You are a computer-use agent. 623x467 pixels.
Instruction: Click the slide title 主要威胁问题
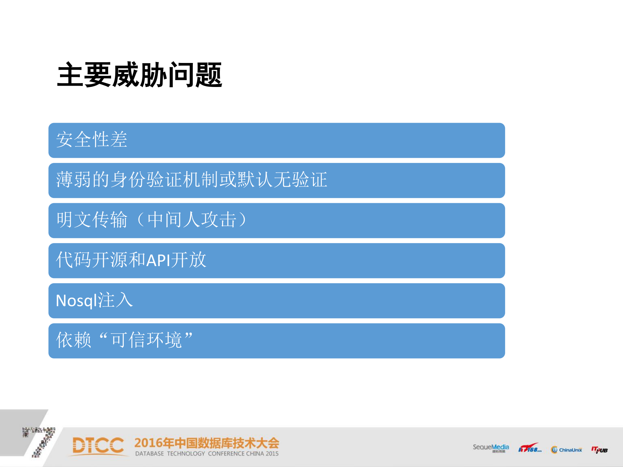click(x=140, y=75)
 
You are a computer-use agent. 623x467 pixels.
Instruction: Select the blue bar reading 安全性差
click(x=276, y=140)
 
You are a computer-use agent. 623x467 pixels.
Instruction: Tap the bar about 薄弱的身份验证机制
click(x=276, y=180)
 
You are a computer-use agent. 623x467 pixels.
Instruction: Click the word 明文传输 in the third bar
click(x=92, y=220)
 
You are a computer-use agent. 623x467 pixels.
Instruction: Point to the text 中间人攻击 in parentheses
click(x=192, y=220)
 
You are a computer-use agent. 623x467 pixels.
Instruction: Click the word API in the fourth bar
click(x=158, y=260)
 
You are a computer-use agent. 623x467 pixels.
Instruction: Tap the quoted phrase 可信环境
click(x=146, y=340)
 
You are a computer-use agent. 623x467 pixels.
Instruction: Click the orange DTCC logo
click(x=98, y=446)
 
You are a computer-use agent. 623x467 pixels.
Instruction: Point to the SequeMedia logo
click(x=491, y=448)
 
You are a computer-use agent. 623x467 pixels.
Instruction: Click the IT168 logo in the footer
click(x=530, y=448)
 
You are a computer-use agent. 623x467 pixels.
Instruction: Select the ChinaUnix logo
click(x=567, y=449)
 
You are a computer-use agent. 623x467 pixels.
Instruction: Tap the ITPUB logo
click(x=599, y=449)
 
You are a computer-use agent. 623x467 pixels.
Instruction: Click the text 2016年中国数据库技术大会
click(x=206, y=443)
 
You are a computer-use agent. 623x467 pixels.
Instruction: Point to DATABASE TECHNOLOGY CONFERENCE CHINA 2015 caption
click(x=207, y=454)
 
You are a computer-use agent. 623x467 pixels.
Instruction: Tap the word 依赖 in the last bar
click(x=74, y=340)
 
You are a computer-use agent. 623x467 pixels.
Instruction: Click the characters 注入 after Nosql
click(x=115, y=300)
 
